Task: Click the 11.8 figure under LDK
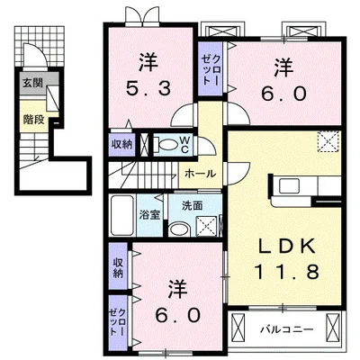[x=290, y=270]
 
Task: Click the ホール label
[x=199, y=171]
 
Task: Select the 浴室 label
[x=148, y=214]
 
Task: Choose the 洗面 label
[x=179, y=206]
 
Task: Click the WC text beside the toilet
[x=184, y=142]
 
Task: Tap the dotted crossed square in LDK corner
[x=326, y=142]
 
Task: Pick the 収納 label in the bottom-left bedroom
[x=118, y=267]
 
